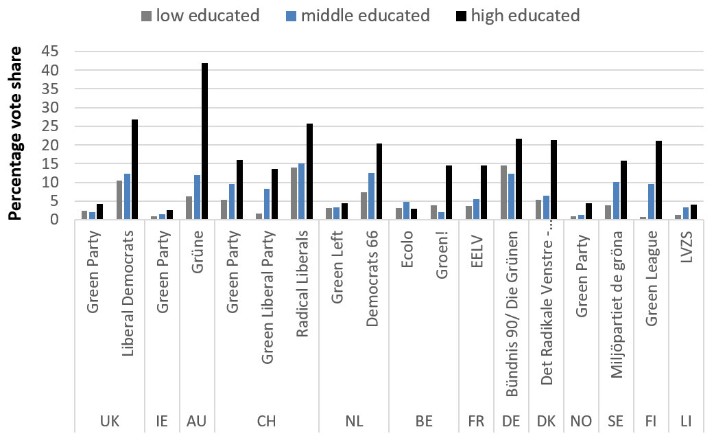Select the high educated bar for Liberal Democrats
(x=134, y=170)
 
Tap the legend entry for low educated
(x=200, y=15)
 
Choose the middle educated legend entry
(x=364, y=15)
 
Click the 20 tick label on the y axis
(x=49, y=145)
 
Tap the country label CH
(x=267, y=420)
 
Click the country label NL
(x=354, y=420)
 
